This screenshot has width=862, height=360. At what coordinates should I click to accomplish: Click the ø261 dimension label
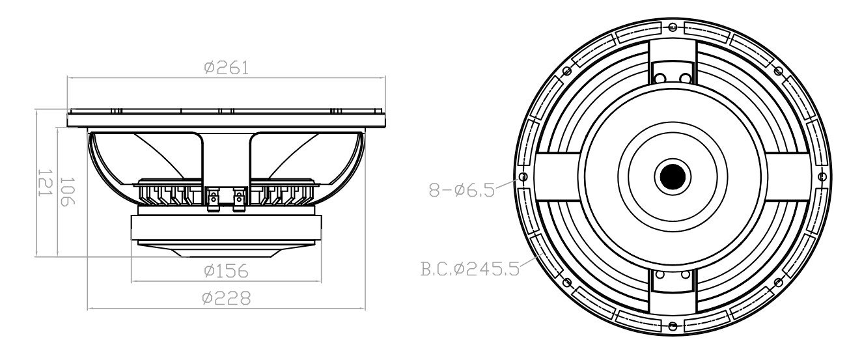click(226, 68)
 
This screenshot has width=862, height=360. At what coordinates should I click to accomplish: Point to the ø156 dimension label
click(226, 270)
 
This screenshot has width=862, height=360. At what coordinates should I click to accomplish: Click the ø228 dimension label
click(226, 298)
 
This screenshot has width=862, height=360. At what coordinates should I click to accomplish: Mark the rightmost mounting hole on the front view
click(822, 176)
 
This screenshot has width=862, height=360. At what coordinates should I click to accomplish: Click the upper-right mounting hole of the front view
click(778, 70)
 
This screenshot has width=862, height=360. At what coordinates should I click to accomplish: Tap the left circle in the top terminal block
click(660, 78)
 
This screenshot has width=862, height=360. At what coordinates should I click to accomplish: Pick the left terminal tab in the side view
click(212, 201)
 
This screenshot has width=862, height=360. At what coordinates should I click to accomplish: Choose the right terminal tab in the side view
click(240, 201)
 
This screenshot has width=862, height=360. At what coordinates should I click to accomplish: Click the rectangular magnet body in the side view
click(227, 228)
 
